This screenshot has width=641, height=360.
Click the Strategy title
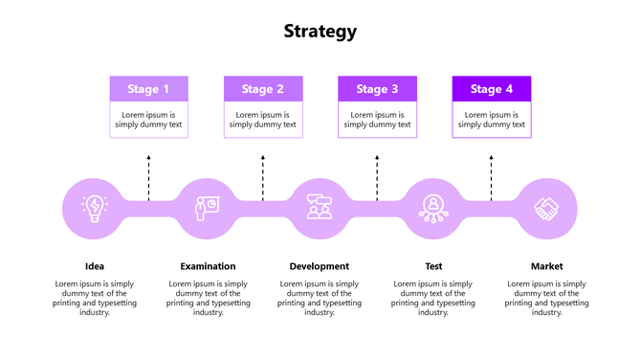[320, 31]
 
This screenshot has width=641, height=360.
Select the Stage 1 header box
[148, 89]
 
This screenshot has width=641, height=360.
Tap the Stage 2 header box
[262, 89]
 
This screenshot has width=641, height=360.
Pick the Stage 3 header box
[377, 89]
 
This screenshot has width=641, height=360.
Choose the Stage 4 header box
[491, 89]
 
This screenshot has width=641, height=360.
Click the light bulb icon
[95, 208]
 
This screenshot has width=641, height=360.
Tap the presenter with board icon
[206, 208]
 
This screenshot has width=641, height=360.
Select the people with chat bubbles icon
[320, 208]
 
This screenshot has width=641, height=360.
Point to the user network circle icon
[433, 208]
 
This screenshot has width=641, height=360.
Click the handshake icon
[547, 208]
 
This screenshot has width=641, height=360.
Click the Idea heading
[95, 266]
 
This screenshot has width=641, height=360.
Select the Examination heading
[208, 266]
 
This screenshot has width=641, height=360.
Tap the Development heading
[320, 266]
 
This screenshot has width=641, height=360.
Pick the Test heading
[433, 266]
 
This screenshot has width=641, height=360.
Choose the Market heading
[547, 266]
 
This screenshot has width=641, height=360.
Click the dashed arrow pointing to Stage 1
[148, 176]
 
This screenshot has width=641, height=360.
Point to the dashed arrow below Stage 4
[491, 176]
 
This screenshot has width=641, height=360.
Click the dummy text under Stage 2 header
[262, 120]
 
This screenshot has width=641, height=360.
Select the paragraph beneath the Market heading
[547, 298]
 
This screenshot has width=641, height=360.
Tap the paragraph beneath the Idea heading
[95, 298]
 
